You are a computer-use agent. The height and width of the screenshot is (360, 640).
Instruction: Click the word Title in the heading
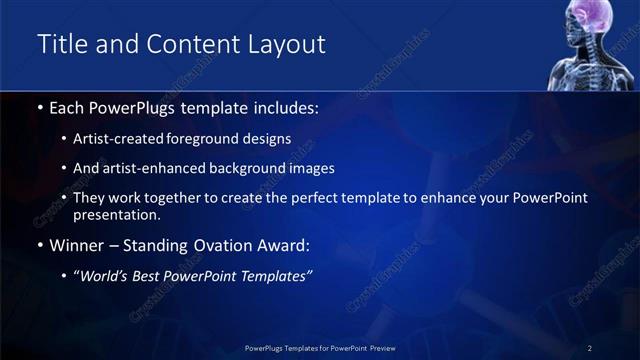point(61,44)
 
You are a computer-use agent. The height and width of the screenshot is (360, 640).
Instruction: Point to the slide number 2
point(590,348)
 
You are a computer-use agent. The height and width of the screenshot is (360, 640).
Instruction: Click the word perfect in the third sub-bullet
point(333,198)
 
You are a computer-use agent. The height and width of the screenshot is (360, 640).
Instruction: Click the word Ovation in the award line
point(221,245)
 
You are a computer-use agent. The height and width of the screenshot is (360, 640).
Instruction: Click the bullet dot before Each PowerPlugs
point(39,107)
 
